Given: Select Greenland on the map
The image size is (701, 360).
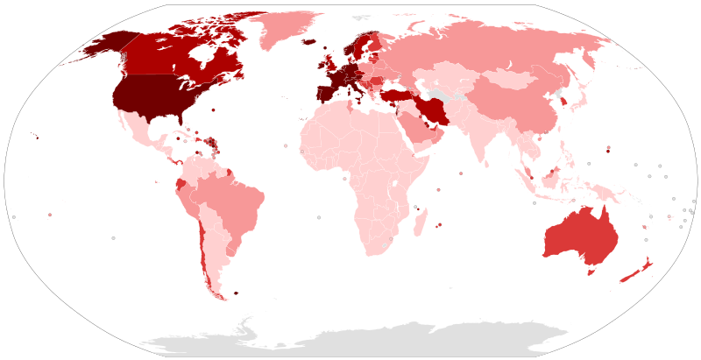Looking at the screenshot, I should pos(289,31).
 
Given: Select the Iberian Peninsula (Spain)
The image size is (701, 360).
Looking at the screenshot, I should pos(323,93).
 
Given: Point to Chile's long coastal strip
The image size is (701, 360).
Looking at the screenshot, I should pos(204,250).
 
